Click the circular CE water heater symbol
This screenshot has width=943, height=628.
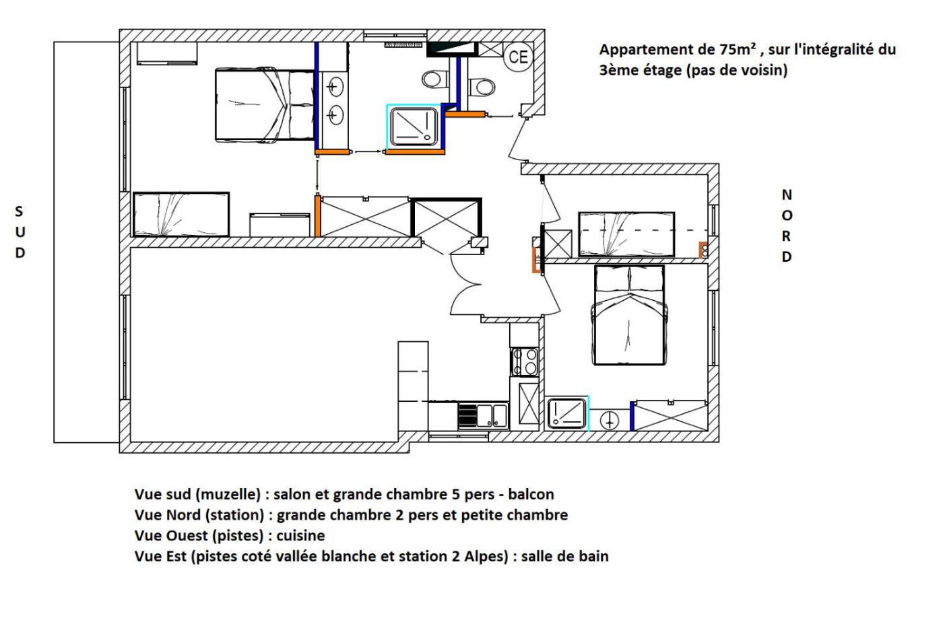[518, 57]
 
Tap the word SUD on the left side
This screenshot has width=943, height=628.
[20, 232]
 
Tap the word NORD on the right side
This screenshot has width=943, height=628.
[787, 226]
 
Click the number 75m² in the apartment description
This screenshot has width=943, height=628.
[737, 49]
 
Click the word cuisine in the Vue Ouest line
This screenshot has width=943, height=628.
[300, 536]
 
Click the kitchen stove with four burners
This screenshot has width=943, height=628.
[525, 361]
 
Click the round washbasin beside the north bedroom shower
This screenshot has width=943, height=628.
[609, 421]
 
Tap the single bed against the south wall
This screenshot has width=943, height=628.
[181, 215]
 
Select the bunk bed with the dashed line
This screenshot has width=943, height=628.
[626, 234]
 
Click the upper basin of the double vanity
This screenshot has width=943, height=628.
[335, 87]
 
